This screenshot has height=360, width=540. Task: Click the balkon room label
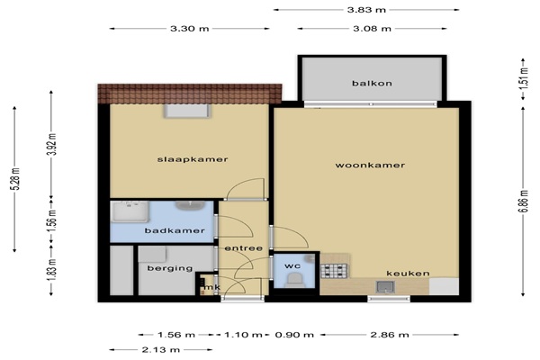(x=372, y=84)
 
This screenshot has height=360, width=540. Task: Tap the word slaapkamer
(x=193, y=159)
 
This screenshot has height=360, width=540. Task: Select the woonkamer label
(x=370, y=166)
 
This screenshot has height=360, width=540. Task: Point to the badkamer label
(x=175, y=230)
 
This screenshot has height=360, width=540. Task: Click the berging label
(x=170, y=268)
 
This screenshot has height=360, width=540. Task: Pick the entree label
(x=244, y=248)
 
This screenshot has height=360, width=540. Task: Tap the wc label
(x=292, y=266)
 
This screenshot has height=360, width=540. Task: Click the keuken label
(x=408, y=274)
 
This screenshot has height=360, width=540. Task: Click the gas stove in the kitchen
(x=334, y=271)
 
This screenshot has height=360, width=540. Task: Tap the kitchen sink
(x=385, y=286)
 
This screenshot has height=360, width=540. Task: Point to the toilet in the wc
(x=295, y=280)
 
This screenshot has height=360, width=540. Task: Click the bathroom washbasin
(x=190, y=206)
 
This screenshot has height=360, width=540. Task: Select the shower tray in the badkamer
(x=130, y=211)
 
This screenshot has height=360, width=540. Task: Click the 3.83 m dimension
(x=366, y=10)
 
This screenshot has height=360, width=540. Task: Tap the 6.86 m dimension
(x=523, y=202)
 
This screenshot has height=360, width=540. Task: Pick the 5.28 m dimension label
(x=15, y=179)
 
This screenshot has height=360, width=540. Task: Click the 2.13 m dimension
(x=161, y=350)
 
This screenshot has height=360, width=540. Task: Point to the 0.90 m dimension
(x=294, y=335)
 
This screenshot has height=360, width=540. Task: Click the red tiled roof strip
(x=190, y=94)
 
